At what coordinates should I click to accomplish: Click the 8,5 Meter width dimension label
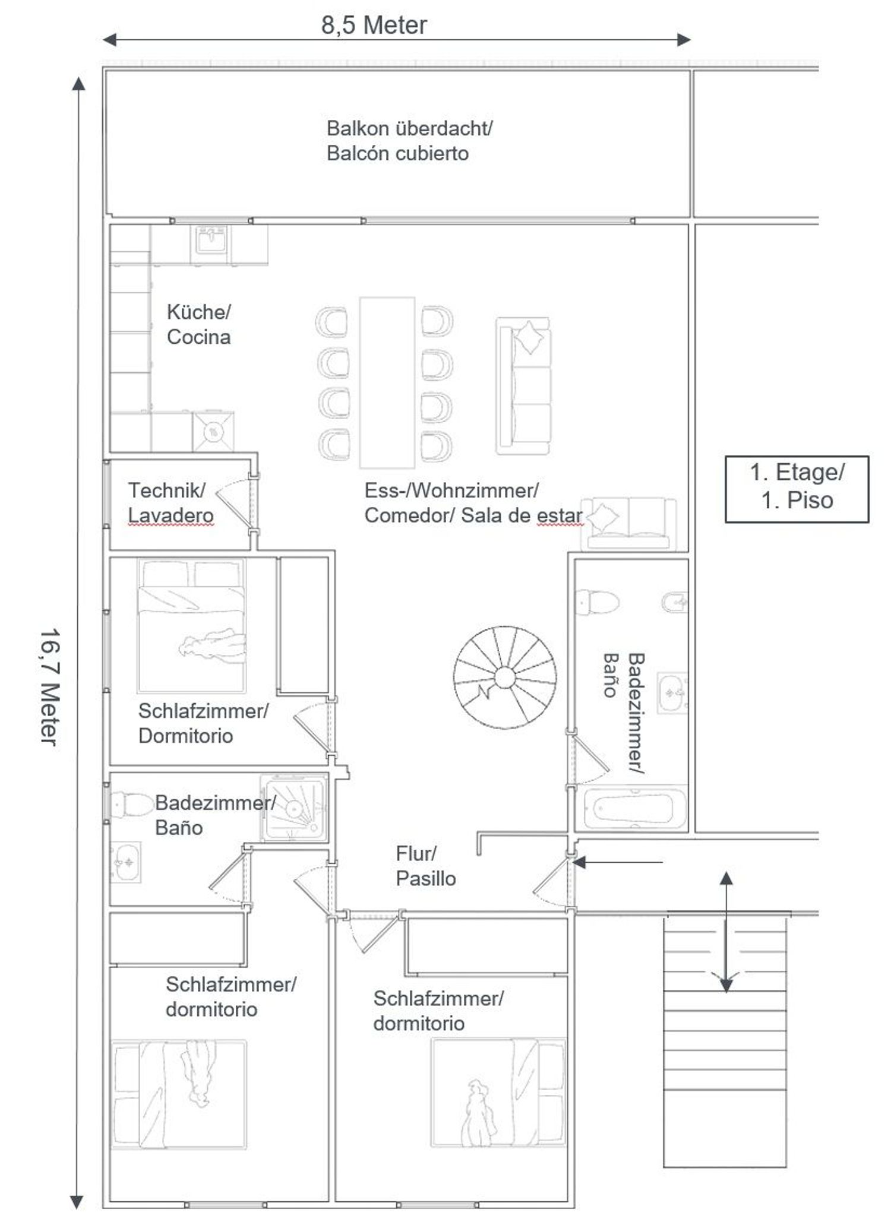click(374, 26)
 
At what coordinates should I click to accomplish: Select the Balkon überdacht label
click(409, 128)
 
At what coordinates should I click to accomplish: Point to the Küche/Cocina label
click(198, 324)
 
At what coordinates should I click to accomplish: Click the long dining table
click(387, 382)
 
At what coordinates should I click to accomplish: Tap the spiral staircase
click(505, 677)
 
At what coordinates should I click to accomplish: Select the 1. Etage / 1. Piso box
click(797, 489)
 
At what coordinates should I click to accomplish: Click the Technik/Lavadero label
click(170, 502)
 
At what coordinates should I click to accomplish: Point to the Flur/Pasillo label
click(425, 866)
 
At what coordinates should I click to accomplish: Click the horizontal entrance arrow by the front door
click(618, 862)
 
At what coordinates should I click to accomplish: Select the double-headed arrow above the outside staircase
click(726, 932)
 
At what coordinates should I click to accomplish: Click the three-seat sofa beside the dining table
click(523, 386)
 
